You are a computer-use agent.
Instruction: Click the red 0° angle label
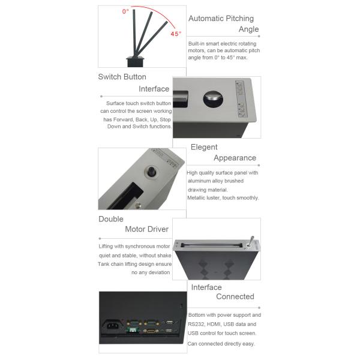[x=125, y=11]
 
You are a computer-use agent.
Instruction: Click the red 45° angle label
[x=176, y=34]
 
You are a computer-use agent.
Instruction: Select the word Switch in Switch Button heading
[x=109, y=77]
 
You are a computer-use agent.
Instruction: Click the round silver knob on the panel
[x=213, y=98]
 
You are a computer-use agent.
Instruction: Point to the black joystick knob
[x=151, y=172]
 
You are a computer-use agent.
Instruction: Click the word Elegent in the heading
[x=204, y=147]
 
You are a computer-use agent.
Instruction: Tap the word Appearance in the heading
[x=235, y=158]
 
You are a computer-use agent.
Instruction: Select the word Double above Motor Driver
[x=111, y=219]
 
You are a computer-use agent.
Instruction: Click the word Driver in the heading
[x=158, y=229]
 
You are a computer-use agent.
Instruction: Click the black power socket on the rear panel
[x=112, y=325]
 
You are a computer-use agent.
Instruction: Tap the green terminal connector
[x=133, y=331]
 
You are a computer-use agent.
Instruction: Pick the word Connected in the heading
[x=235, y=296]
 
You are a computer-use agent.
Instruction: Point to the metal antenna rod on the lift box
[x=251, y=241]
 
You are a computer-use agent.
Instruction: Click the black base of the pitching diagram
[x=135, y=62]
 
